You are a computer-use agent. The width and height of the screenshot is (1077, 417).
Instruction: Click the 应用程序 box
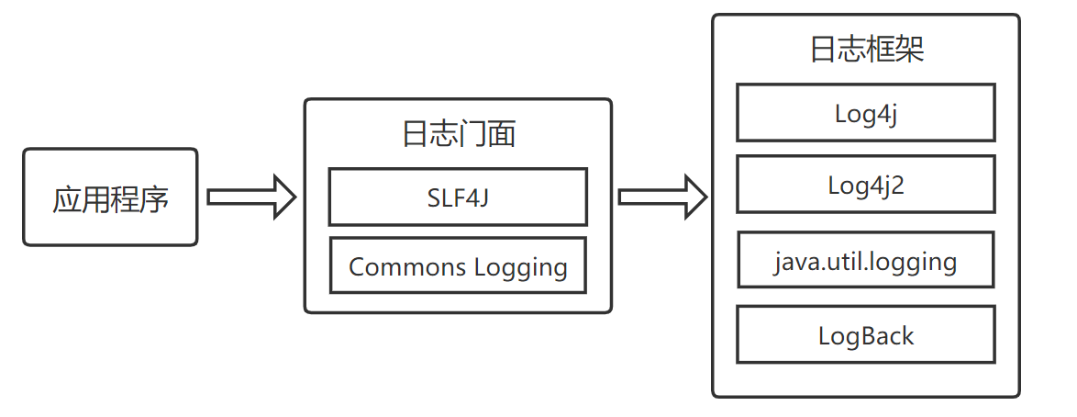coord(110,197)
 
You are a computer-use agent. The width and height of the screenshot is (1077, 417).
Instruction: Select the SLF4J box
coord(457,197)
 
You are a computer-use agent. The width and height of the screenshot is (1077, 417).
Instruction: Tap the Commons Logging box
coord(457,266)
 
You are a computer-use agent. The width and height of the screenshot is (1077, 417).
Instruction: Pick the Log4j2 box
coord(865,185)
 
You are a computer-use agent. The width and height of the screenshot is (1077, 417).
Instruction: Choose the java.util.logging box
coord(865,261)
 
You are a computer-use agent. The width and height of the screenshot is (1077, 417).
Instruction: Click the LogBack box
coord(865,335)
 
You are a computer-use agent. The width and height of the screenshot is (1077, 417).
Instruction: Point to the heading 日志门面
coord(458,134)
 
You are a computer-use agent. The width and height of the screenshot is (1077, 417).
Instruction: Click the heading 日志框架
coord(866,49)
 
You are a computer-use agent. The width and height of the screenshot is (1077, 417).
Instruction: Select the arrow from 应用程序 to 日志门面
coord(250,197)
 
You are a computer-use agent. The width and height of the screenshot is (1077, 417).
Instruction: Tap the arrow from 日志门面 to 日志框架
coord(661,197)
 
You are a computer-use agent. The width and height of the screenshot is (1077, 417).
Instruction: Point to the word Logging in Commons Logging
coord(520,268)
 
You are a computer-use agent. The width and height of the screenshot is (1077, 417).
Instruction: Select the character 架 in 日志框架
coord(909,50)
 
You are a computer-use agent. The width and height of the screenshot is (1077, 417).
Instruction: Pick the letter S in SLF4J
coord(434,197)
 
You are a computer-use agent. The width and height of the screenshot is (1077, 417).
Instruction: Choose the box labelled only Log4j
coord(865,113)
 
